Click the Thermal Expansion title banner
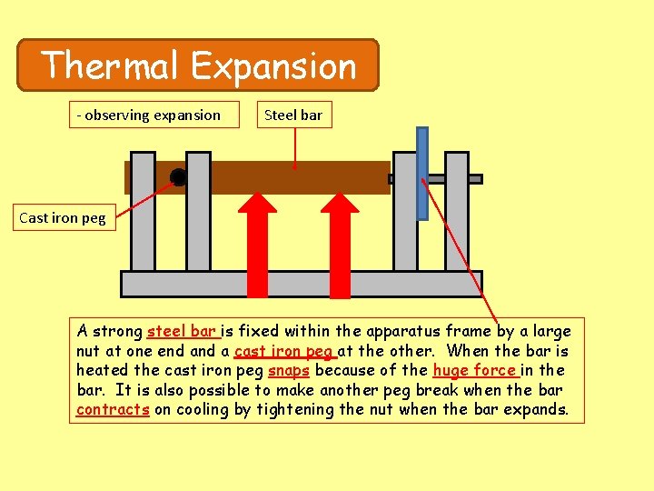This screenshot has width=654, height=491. pos(198,65)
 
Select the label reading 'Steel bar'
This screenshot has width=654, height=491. pos(292,115)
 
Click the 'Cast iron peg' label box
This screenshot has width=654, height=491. pos(63,217)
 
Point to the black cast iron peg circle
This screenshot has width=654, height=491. pos(178,177)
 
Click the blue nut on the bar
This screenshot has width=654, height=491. pos(421,173)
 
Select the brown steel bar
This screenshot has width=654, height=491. pos(272,178)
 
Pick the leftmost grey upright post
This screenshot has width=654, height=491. pos(143,214)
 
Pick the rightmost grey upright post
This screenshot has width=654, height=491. pos(457,214)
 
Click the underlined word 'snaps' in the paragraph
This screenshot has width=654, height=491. pos(289,370)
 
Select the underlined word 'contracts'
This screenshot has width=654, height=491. pos(113,409)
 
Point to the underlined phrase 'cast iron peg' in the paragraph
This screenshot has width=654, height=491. pos(285,351)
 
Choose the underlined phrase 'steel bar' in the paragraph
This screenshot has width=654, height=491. pos(182,331)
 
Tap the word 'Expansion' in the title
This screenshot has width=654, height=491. pos(274,65)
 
